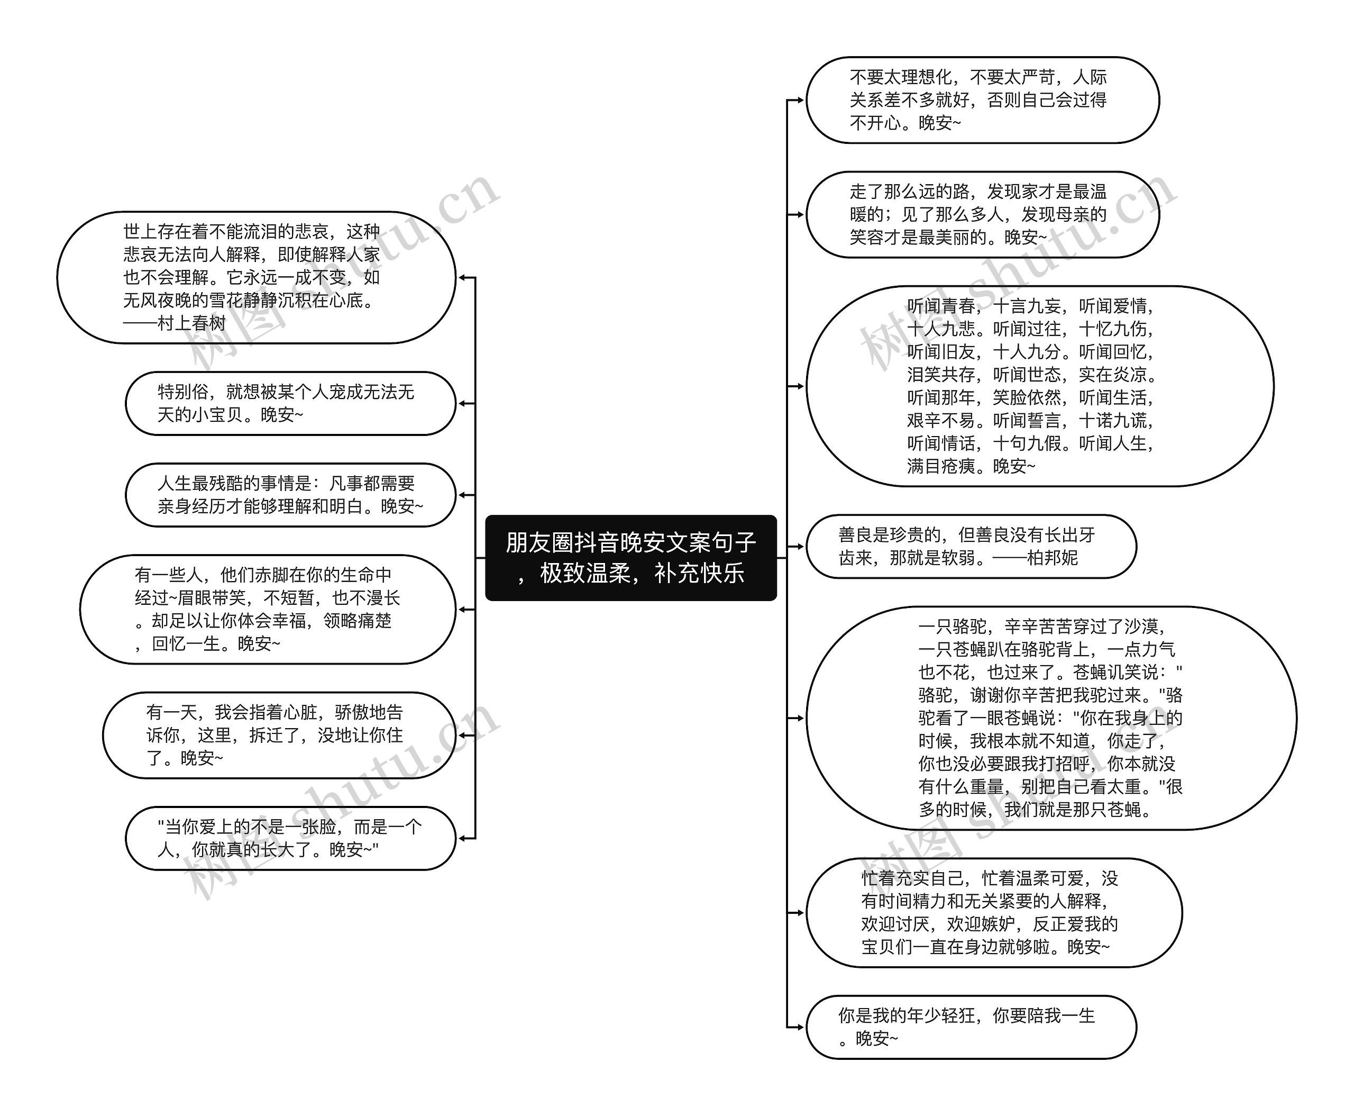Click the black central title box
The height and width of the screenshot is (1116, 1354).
(x=630, y=557)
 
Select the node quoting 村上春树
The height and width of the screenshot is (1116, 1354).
(x=256, y=277)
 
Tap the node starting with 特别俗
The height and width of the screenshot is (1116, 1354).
(x=290, y=403)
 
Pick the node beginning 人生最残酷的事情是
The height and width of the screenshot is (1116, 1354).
(x=290, y=494)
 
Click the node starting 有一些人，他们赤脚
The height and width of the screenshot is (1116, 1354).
(x=267, y=609)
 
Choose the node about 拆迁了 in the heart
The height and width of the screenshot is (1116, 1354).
(x=278, y=735)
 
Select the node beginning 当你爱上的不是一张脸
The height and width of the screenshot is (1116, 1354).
(x=290, y=838)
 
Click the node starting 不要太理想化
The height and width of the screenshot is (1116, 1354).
(x=982, y=99)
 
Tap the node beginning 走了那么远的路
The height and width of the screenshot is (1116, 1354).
(x=982, y=214)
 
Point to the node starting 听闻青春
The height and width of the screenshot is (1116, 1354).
(x=1039, y=386)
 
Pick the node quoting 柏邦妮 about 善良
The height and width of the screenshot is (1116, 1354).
(x=971, y=546)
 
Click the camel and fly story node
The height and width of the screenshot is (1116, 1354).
(x=1051, y=718)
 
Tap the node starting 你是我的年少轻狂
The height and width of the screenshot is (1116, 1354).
(x=971, y=1027)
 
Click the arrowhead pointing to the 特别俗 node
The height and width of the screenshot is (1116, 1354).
(x=462, y=403)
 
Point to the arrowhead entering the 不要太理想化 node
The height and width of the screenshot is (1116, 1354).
(x=799, y=99)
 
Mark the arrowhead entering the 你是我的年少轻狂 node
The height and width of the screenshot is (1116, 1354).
(x=799, y=1027)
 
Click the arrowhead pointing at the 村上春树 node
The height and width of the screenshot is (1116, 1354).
(x=462, y=278)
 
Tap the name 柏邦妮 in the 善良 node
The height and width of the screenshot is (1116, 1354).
(x=1052, y=557)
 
